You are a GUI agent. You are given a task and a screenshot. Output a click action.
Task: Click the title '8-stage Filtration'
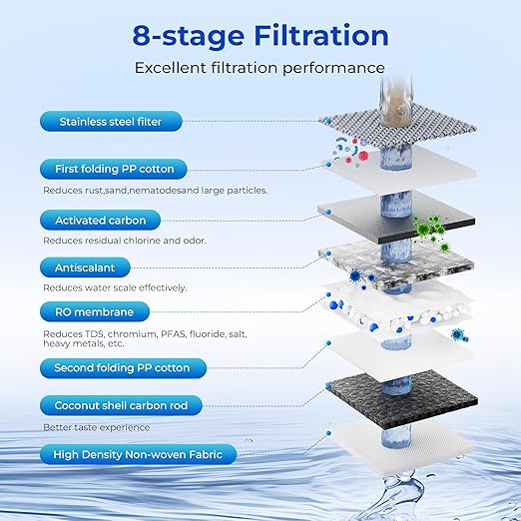click(x=260, y=36)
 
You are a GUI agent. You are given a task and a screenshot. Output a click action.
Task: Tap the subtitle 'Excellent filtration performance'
click(x=260, y=68)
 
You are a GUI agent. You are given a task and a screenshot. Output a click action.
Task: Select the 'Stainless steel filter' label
click(x=110, y=123)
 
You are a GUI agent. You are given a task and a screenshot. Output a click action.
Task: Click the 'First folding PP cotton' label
click(x=116, y=169)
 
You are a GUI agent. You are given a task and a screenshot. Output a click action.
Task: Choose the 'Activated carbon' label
click(x=100, y=220)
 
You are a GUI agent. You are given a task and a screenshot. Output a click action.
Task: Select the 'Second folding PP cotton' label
click(x=122, y=367)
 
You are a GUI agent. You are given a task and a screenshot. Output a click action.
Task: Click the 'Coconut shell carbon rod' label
click(x=121, y=406)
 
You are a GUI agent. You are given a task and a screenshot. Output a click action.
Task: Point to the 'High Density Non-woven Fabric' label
click(x=138, y=455)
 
